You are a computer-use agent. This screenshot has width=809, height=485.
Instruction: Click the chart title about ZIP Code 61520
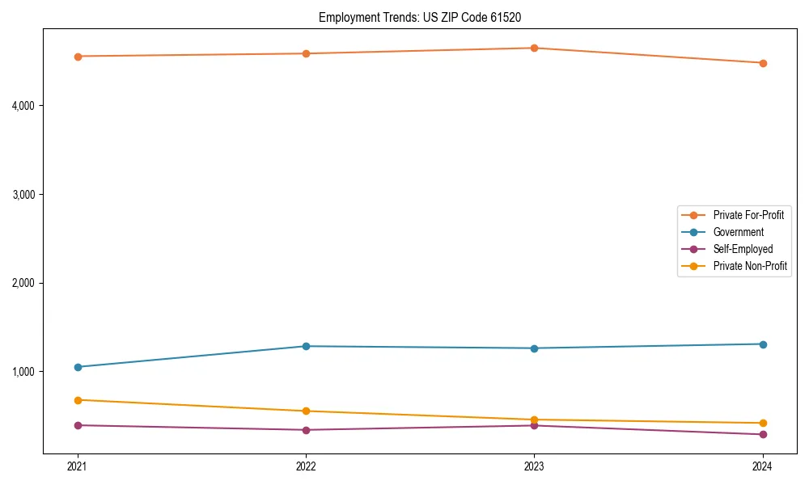point(426,17)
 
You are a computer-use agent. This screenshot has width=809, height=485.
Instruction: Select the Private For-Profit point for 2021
point(78,57)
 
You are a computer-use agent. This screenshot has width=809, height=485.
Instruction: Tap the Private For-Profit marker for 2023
point(534,48)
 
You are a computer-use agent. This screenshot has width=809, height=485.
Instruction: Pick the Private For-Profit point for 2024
point(762,63)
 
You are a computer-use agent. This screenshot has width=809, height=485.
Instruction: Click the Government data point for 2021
point(78,367)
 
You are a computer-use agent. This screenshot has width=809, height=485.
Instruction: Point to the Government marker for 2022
point(306,346)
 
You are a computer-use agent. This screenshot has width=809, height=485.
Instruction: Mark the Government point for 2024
point(762,344)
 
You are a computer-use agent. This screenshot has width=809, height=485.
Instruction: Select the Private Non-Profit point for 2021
point(78,400)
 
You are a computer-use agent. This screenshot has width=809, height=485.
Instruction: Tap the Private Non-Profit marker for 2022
point(306,411)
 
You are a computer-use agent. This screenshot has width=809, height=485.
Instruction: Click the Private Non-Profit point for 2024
point(762,423)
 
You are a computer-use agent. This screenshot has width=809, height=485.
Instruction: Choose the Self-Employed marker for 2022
point(306,430)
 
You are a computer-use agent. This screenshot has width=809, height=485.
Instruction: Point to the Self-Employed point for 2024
point(762,435)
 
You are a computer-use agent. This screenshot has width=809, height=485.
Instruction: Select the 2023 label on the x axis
point(534,466)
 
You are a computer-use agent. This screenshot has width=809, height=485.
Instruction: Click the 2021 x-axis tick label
point(78,466)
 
